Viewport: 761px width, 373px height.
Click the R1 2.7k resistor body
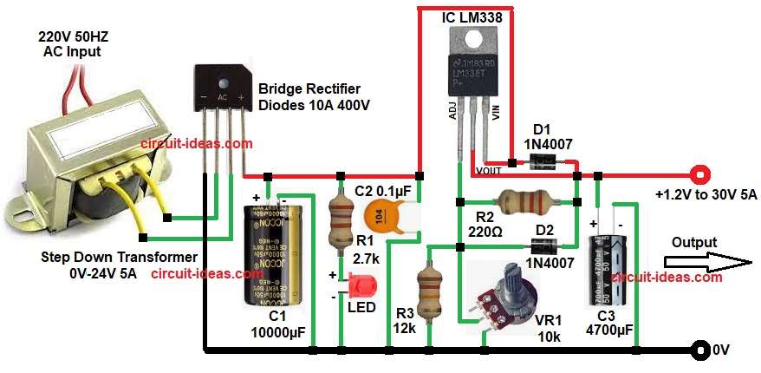pyautogui.click(x=339, y=221)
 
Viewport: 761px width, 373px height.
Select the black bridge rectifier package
pyautogui.click(x=222, y=90)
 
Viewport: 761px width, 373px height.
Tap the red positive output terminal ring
pyautogui.click(x=698, y=173)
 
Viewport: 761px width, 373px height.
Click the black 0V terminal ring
pyautogui.click(x=699, y=350)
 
